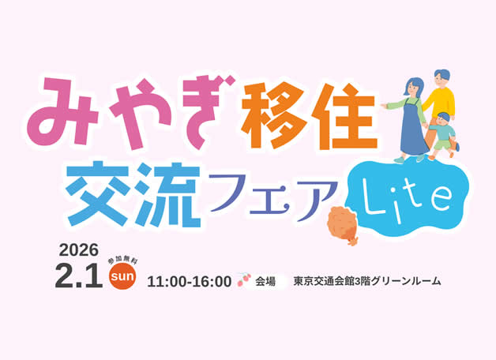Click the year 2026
pos(79,250)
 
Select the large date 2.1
pos(78,276)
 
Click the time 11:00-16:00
pos(189,282)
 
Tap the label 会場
pos(265,281)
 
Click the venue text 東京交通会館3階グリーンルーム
pos(366,281)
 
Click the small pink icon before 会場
pos(243,280)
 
